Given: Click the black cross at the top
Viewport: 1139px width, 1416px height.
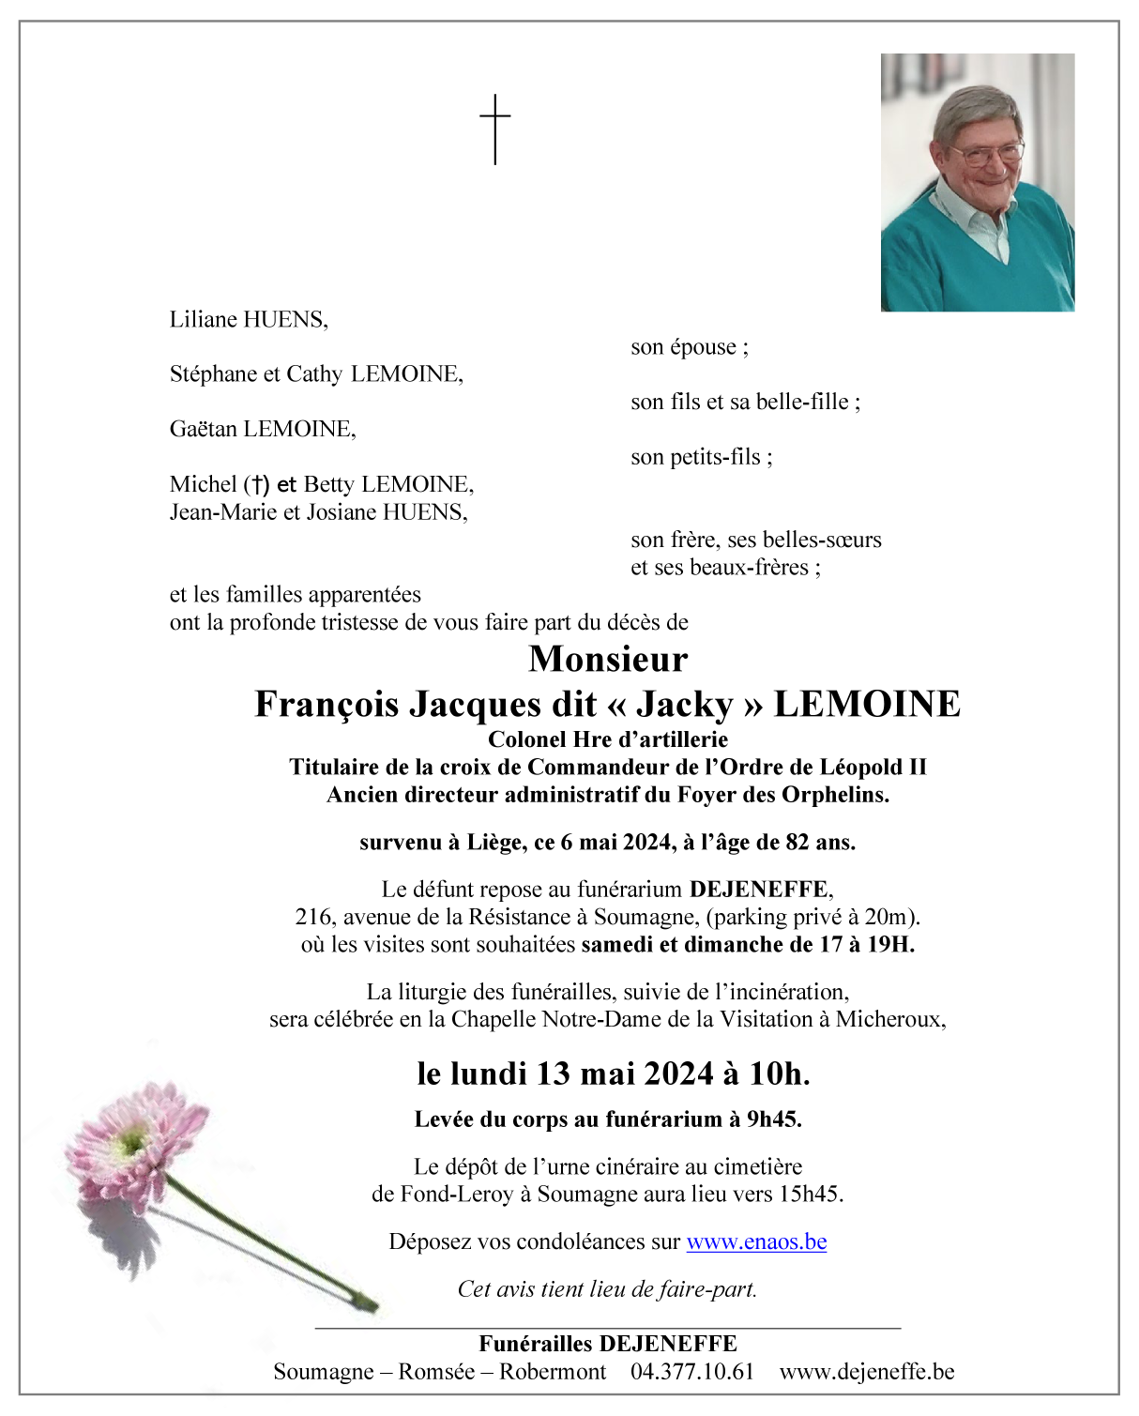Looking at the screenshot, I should click(495, 129).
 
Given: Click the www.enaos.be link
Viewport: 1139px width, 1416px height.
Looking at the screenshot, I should click(756, 1241).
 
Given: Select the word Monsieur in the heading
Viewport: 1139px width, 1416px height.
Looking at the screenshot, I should click(608, 659).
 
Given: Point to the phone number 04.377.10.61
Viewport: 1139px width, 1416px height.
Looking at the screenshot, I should click(692, 1371).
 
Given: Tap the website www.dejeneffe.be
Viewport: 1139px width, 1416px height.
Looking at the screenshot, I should click(867, 1371).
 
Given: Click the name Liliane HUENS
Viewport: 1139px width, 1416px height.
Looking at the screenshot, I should click(248, 319).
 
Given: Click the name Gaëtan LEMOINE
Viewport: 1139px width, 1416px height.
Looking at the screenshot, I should click(262, 429).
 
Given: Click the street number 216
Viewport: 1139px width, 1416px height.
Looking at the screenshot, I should click(313, 917).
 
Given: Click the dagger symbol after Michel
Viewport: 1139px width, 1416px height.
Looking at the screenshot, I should click(255, 484).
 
